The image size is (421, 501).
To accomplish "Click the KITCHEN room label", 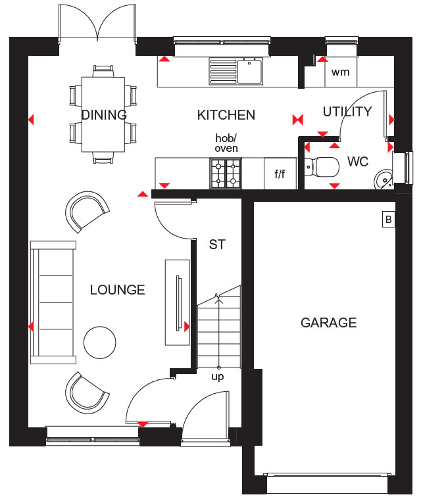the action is [x=226, y=115].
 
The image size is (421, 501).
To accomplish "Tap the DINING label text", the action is [x=104, y=114].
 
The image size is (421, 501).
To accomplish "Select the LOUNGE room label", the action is [x=117, y=290].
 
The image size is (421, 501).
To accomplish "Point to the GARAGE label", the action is [x=329, y=323].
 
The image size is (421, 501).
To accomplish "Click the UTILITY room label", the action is [x=347, y=112].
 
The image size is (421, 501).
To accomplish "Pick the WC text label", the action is [x=358, y=162].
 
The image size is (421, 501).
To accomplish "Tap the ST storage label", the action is [x=217, y=245].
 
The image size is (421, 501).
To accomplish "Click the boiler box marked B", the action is [x=389, y=220].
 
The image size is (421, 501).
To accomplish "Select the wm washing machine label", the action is [x=341, y=72].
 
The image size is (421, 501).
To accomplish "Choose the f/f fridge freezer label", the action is [x=280, y=174].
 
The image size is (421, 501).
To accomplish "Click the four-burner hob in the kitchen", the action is [x=226, y=174].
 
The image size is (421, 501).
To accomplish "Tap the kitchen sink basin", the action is [x=250, y=71].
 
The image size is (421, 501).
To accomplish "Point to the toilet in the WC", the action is [x=322, y=166].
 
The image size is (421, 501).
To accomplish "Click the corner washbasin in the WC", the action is [x=384, y=179].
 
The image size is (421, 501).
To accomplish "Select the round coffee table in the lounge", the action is [x=100, y=343].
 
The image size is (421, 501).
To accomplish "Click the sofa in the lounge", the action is [x=53, y=302].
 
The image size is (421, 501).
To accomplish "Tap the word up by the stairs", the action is [x=217, y=377].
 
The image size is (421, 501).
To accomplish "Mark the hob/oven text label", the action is [x=226, y=143].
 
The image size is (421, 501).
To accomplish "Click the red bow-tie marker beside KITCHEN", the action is [x=297, y=120].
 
